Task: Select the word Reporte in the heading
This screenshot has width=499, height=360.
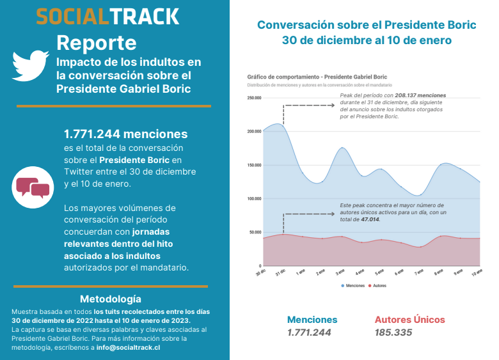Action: [96, 43]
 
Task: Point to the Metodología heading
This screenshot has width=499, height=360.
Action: [111, 299]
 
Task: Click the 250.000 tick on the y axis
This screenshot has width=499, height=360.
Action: [254, 98]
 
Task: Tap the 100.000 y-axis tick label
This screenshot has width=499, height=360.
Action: [254, 198]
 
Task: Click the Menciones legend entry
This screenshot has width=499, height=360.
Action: [355, 285]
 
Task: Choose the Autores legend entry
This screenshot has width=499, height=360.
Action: [380, 285]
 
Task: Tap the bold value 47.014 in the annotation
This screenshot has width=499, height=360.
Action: [369, 219]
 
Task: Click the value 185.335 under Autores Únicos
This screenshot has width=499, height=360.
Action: [393, 333]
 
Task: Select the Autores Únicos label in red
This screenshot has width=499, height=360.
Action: [409, 320]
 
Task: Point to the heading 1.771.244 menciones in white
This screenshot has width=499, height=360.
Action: [125, 134]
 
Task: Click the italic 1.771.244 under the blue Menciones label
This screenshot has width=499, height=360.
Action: [309, 333]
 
